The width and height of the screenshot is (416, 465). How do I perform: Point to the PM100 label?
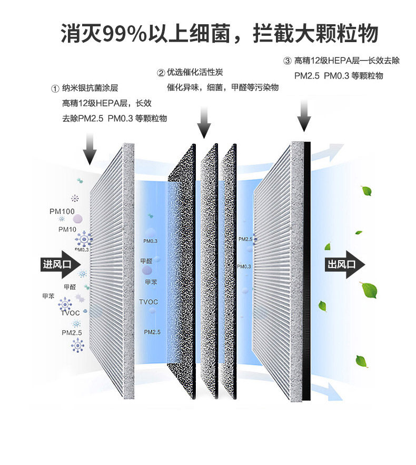[x=62, y=212]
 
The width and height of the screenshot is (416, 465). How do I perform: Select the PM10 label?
[x=67, y=230]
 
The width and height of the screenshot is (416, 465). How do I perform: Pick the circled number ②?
[x=161, y=73]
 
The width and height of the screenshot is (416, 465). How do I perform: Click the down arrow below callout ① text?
[x=90, y=148]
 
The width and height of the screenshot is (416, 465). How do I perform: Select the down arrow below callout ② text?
[x=205, y=122]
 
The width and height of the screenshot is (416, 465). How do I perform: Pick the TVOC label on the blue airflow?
[x=148, y=302]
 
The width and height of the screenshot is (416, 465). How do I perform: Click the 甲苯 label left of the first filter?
[x=48, y=296]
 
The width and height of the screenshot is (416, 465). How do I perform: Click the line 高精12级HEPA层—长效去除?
[x=346, y=61]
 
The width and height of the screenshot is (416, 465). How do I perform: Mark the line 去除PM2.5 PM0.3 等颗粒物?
[x=114, y=118]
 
